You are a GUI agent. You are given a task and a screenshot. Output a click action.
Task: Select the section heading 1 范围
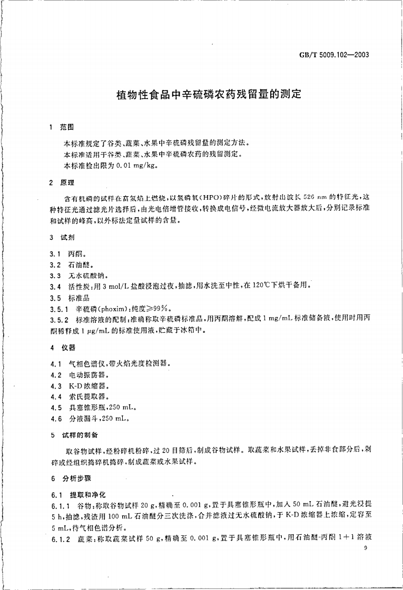pos(62,127)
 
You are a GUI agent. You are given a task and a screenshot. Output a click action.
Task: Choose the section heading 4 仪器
pos(62,348)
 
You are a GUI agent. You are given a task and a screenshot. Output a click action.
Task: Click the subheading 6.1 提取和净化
pos(78,495)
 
